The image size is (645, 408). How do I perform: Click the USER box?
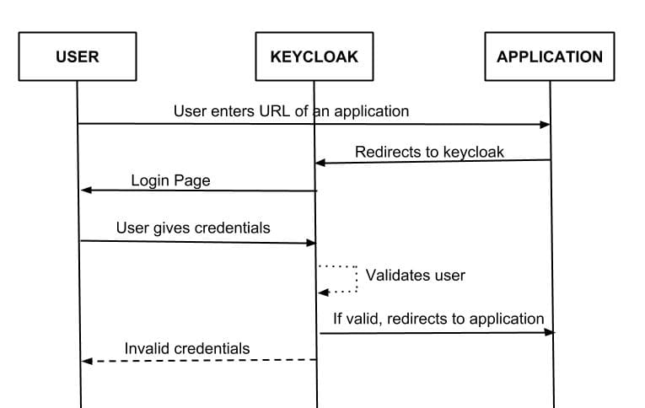coord(77,57)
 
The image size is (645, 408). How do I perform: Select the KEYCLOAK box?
coord(314,57)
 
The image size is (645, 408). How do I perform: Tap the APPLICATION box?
coord(550,57)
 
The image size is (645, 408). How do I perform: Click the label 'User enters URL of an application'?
coord(291,111)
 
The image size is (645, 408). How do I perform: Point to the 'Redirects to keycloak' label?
coord(429,153)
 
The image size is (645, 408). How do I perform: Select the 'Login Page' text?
coord(170,180)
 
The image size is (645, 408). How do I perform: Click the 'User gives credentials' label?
coord(193,228)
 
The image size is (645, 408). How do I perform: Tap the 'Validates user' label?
coord(415,276)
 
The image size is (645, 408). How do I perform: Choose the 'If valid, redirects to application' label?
coord(438,319)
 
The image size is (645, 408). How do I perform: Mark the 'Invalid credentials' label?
coord(187,348)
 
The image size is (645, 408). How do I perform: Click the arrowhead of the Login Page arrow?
coord(85,191)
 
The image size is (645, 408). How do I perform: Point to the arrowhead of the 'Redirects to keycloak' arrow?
coord(320,162)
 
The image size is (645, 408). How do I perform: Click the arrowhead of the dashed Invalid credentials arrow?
coord(86,361)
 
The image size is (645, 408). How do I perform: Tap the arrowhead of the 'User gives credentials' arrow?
coord(310,243)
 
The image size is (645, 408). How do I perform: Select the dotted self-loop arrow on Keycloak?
coord(340,279)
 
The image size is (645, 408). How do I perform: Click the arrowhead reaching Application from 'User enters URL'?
coord(545,125)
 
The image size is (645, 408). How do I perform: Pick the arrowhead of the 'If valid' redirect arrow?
coord(551,333)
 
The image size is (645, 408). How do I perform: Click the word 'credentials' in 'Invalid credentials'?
coord(211,348)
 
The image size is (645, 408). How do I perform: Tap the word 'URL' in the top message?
coord(275,111)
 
